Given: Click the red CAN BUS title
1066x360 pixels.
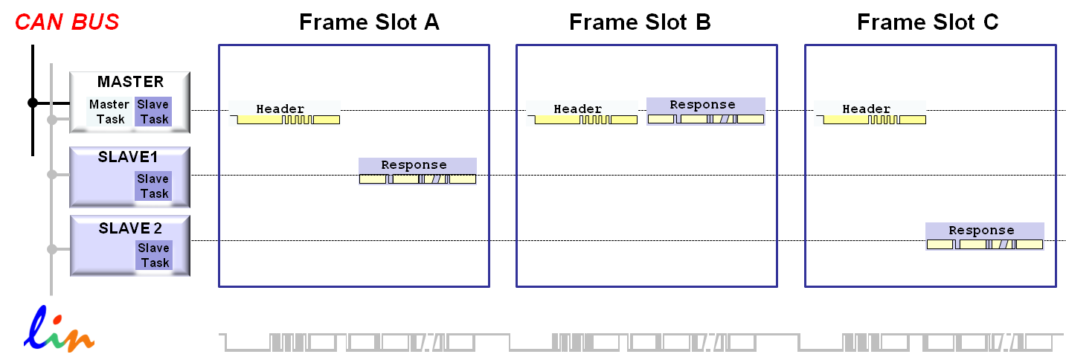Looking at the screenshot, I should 67,22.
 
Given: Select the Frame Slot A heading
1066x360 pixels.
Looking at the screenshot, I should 369,22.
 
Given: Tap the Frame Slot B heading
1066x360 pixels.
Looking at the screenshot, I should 640,22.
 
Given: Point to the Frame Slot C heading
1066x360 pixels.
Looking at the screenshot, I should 928,22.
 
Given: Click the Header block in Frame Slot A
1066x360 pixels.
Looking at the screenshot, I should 284,113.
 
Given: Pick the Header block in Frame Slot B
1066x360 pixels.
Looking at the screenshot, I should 582,113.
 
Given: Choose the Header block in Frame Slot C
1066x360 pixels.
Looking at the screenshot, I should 870,113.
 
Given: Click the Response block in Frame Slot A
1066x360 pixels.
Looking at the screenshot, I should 417,171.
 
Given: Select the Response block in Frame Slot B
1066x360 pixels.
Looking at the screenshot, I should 705,112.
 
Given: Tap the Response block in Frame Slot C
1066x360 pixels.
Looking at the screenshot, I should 984,237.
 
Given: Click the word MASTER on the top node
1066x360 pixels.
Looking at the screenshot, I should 130,82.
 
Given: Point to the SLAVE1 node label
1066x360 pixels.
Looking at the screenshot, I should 128,157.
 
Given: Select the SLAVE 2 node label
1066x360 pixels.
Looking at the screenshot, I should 130,228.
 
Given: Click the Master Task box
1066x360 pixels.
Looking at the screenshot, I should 109,112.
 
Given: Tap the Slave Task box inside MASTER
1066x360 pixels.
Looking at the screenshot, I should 154,112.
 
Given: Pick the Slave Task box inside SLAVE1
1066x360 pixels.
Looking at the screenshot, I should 153,186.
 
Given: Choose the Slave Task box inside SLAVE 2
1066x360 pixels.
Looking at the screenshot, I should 154,255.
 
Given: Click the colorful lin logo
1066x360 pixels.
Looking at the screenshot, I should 60,331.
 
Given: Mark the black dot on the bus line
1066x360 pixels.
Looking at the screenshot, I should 33,103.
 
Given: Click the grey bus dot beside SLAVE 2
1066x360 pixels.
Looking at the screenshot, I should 52,249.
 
